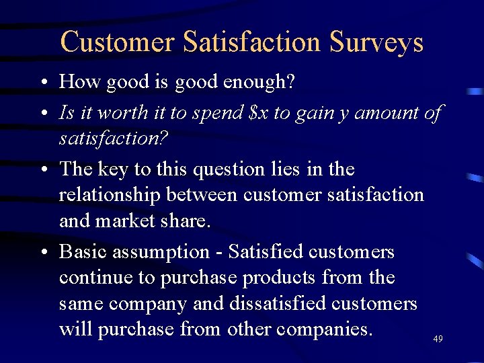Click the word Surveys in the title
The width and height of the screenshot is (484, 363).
376,42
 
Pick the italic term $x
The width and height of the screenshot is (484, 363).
258,113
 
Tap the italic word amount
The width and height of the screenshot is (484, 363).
388,113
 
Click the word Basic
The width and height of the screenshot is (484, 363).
83,252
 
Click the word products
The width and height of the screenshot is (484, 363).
279,278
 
